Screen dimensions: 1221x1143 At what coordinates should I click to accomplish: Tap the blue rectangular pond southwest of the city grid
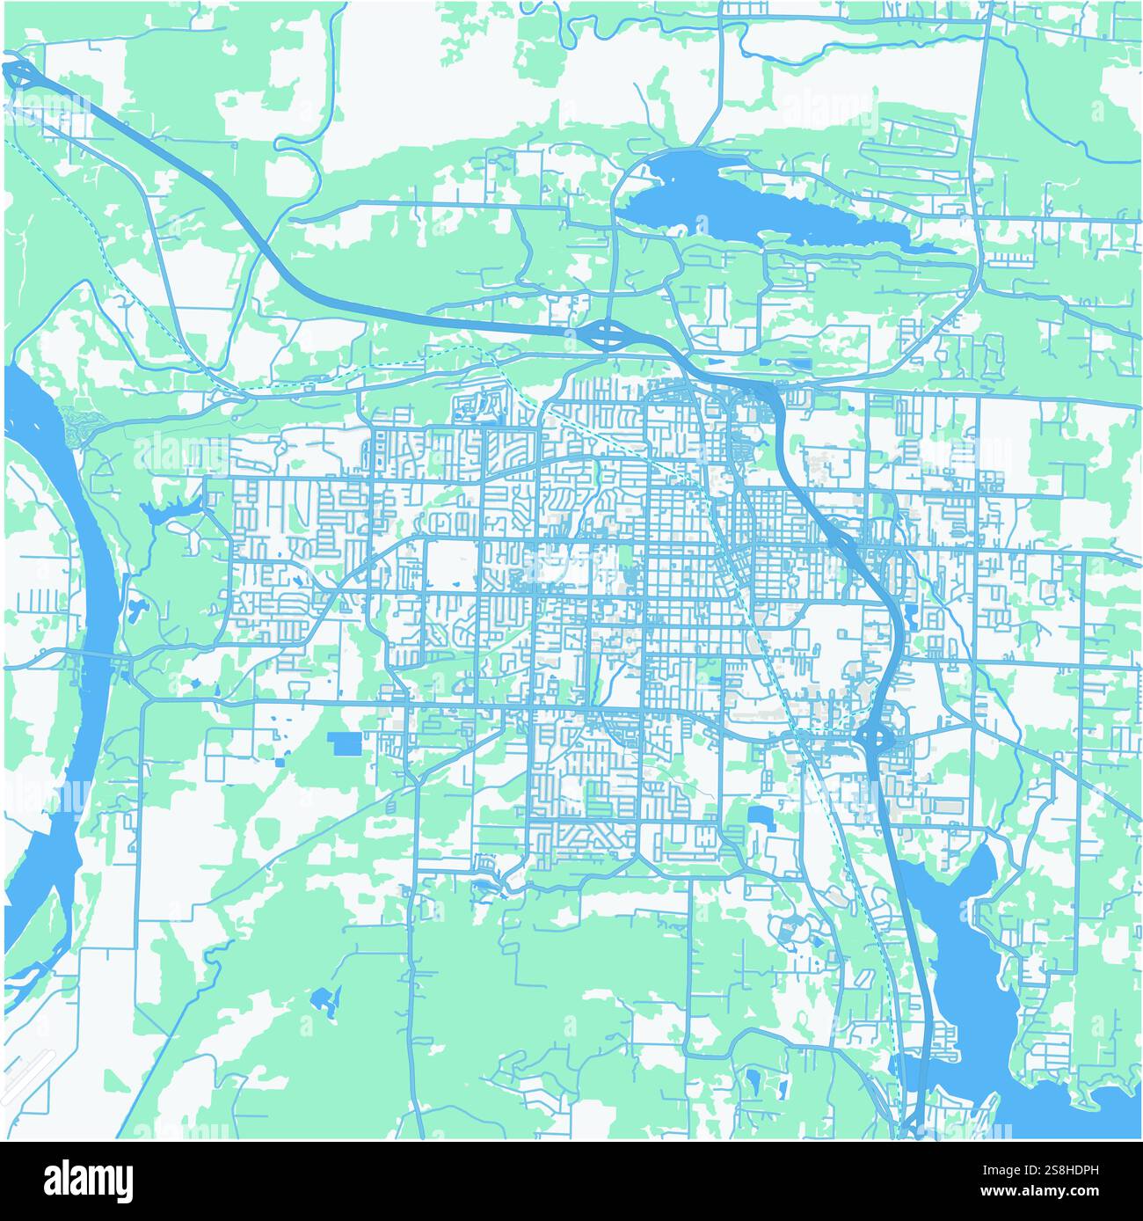346,744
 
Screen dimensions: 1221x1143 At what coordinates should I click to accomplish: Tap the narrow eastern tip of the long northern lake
932,248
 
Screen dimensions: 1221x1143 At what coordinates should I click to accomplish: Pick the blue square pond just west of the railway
758,814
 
